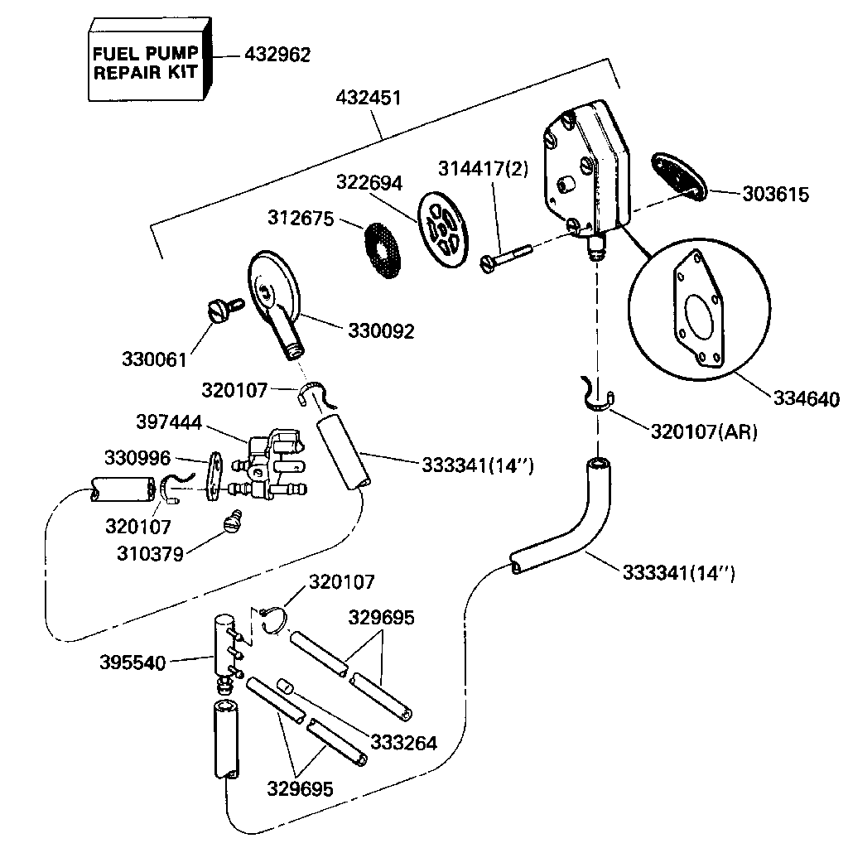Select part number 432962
277,55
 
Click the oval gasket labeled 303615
678,175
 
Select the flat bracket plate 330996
215,476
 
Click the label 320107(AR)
704,432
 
